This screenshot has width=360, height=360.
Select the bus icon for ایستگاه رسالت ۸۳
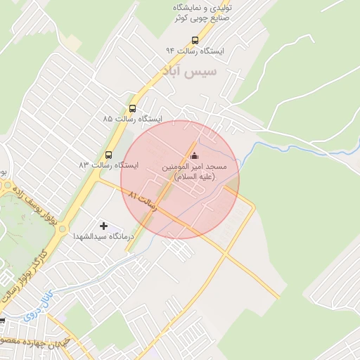108,154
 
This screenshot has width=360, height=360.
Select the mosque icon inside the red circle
194,155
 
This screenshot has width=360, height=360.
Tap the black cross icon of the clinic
104,226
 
